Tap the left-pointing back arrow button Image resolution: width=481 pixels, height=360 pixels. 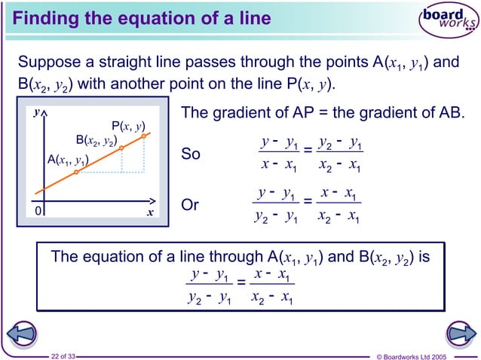pyautogui.click(x=22, y=333)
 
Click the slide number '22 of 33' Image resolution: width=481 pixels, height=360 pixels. pyautogui.click(x=63, y=355)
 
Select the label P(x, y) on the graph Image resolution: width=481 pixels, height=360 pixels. pyautogui.click(x=128, y=126)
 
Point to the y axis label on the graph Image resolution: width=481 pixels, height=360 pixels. pyautogui.click(x=35, y=113)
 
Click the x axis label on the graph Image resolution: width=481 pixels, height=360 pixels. pyautogui.click(x=149, y=213)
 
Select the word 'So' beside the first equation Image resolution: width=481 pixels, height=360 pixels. pyautogui.click(x=191, y=154)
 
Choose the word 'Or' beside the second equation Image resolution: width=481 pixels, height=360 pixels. pyautogui.click(x=191, y=205)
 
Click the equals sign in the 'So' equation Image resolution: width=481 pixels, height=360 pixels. pyautogui.click(x=308, y=154)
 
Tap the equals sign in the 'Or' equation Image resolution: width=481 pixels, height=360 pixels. pyautogui.click(x=308, y=203)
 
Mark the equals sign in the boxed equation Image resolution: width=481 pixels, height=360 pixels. pyautogui.click(x=240, y=283)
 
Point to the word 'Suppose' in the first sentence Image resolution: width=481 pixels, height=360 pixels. pyautogui.click(x=47, y=62)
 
